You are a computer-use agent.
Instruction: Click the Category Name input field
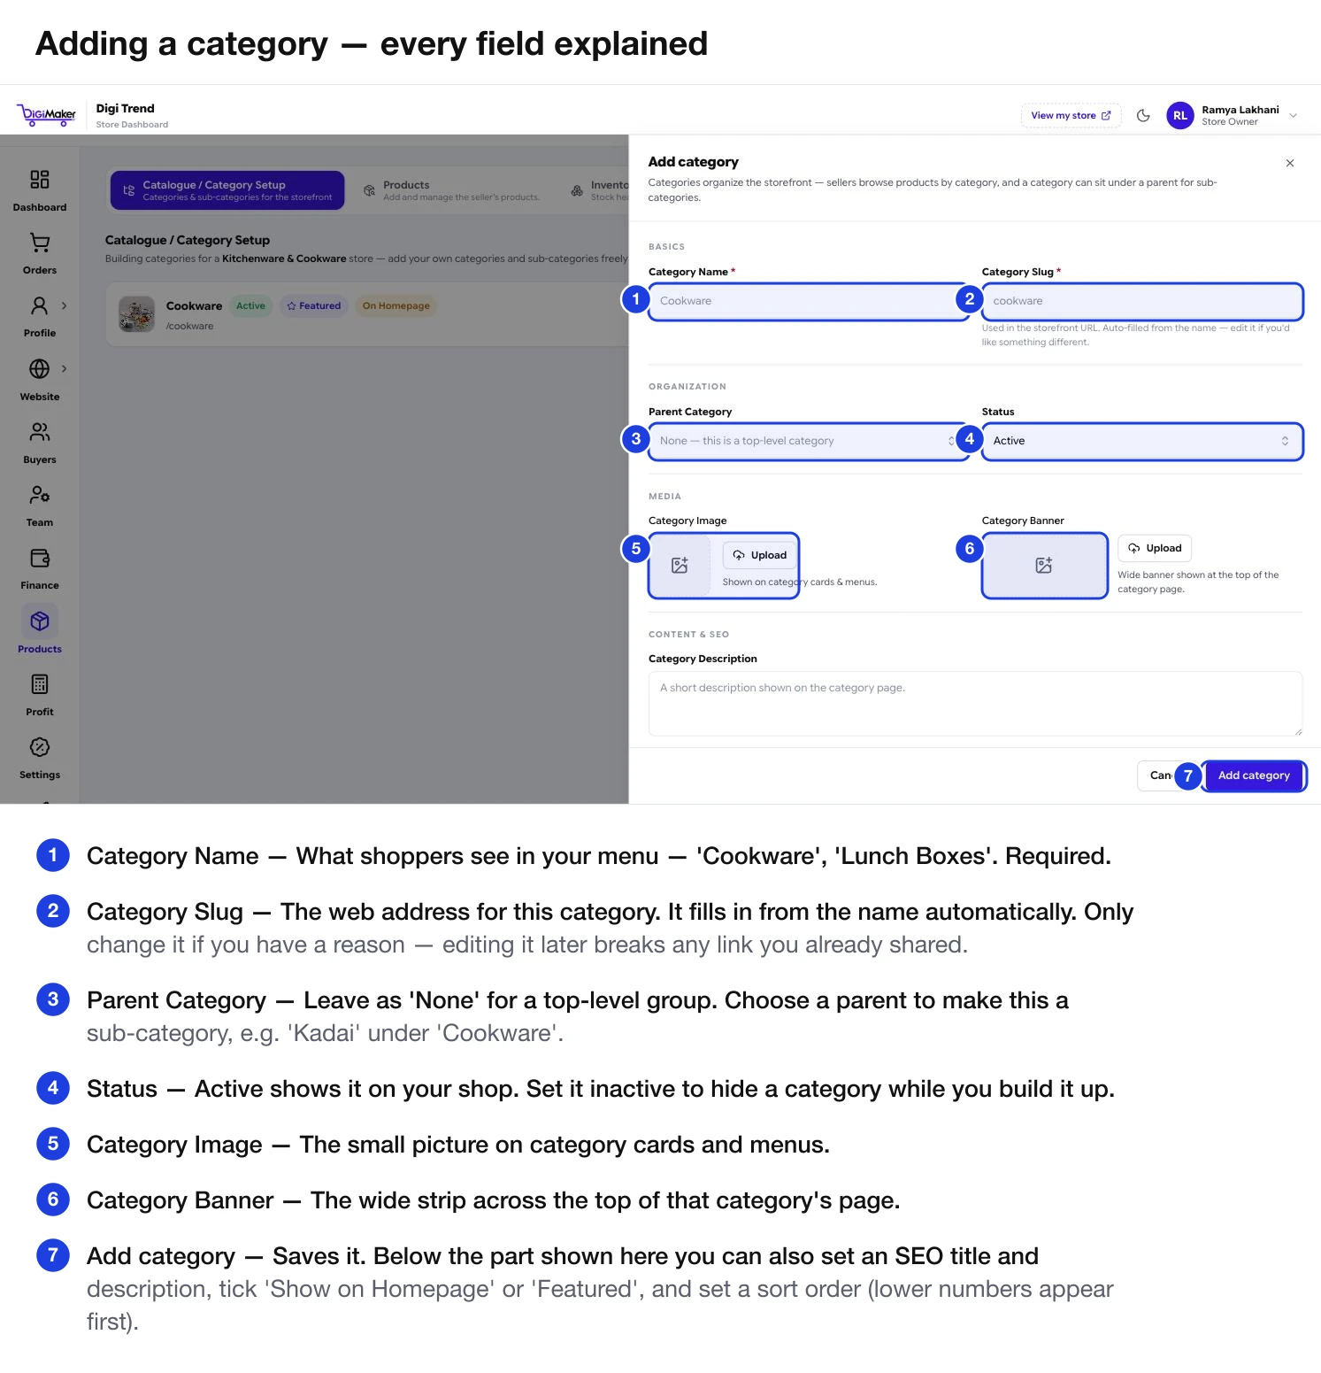click(x=808, y=301)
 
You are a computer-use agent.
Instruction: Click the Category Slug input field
click(x=1141, y=301)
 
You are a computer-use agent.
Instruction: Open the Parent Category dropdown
click(x=808, y=441)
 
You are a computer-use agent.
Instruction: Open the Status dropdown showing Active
click(x=1141, y=441)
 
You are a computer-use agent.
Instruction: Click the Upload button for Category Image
click(x=760, y=555)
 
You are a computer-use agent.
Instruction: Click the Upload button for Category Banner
click(x=1155, y=548)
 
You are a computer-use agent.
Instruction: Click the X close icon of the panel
click(x=1290, y=163)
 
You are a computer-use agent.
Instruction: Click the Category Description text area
click(x=975, y=704)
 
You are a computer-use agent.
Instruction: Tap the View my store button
click(x=1071, y=115)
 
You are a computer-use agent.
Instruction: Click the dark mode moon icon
click(x=1143, y=115)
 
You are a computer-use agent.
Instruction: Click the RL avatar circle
click(x=1180, y=115)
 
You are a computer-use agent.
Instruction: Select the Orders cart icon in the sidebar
click(x=40, y=243)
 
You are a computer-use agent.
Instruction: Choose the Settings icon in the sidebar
click(x=40, y=747)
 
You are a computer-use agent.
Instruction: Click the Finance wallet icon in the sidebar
click(x=40, y=558)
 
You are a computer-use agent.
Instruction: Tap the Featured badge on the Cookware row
click(x=314, y=305)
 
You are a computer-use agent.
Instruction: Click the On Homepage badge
click(x=396, y=305)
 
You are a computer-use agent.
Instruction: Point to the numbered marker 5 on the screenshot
click(x=636, y=549)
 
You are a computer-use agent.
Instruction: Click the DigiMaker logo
click(x=46, y=114)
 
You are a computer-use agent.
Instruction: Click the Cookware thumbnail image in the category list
click(x=137, y=314)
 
